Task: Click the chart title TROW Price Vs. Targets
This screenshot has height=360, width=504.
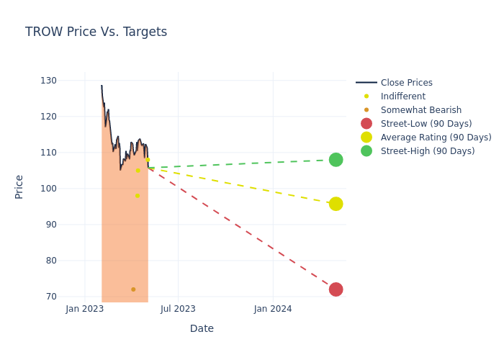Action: [x=96, y=32]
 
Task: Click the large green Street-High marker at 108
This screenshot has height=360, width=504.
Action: [x=336, y=160]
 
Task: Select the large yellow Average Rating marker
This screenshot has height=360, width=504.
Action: [x=336, y=204]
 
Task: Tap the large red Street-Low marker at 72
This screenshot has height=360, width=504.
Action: [x=336, y=289]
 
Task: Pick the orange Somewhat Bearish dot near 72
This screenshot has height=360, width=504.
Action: [x=133, y=289]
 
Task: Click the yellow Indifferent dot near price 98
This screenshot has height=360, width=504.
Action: [x=137, y=196]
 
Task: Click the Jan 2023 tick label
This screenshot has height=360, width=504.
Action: [x=85, y=309]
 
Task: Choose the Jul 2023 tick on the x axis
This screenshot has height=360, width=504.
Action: [x=178, y=309]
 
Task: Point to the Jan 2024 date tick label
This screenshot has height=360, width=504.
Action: [x=273, y=309]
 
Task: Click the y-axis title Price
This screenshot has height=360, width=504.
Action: [x=19, y=186]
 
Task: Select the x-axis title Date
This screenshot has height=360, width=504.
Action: [x=202, y=329]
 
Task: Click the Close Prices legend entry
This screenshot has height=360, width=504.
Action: [x=406, y=83]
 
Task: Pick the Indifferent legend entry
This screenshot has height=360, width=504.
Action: [x=402, y=96]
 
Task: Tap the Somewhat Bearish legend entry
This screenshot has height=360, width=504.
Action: [x=420, y=110]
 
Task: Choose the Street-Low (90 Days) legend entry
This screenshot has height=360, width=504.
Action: [x=426, y=124]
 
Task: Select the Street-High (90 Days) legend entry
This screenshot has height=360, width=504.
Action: [x=428, y=151]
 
